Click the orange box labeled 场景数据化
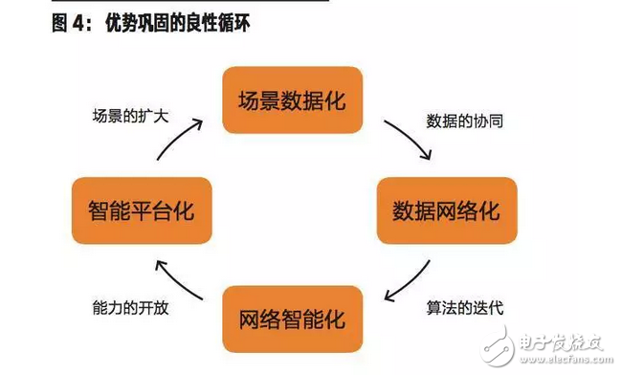[293, 99]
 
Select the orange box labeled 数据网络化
[446, 210]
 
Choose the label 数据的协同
[464, 122]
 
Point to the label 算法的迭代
[464, 309]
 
